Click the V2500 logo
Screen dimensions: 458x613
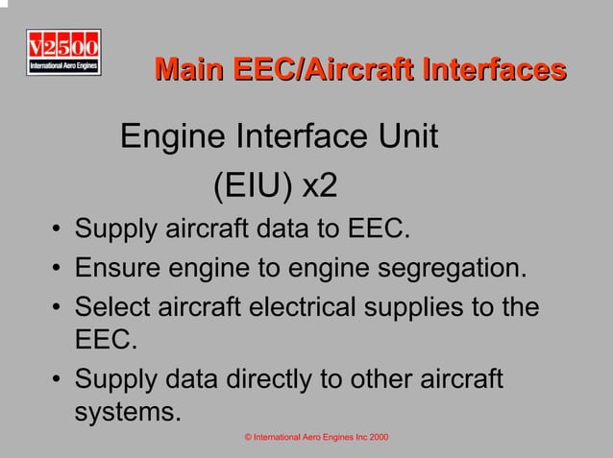click(63, 53)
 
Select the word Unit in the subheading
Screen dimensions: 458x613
click(407, 138)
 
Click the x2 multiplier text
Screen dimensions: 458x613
click(320, 185)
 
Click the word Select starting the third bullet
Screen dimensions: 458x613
click(113, 309)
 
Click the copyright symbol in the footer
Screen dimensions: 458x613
click(248, 438)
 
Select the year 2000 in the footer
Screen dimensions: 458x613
click(378, 438)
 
